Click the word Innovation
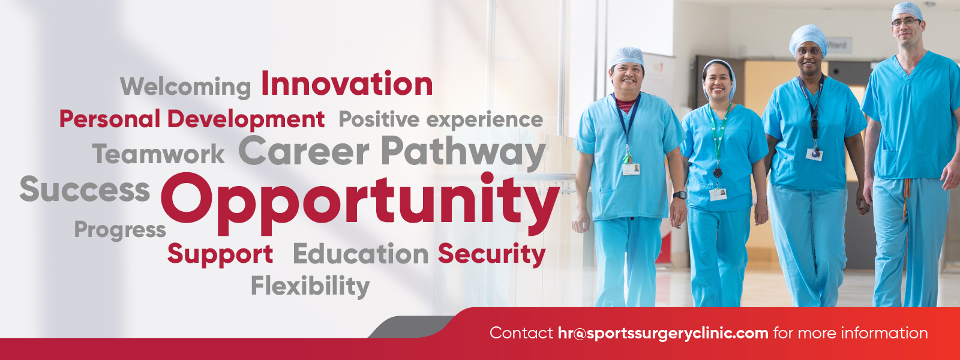click(347, 83)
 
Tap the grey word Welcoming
click(185, 87)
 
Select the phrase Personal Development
click(191, 119)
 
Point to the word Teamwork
click(158, 154)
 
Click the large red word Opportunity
click(360, 204)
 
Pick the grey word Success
click(85, 189)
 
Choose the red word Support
click(220, 254)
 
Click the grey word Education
click(361, 254)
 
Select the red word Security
click(491, 254)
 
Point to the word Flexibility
click(310, 286)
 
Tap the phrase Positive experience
click(440, 119)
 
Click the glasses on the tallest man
click(906, 22)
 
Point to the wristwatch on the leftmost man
click(680, 195)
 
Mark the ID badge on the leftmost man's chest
click(631, 169)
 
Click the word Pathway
click(463, 152)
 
